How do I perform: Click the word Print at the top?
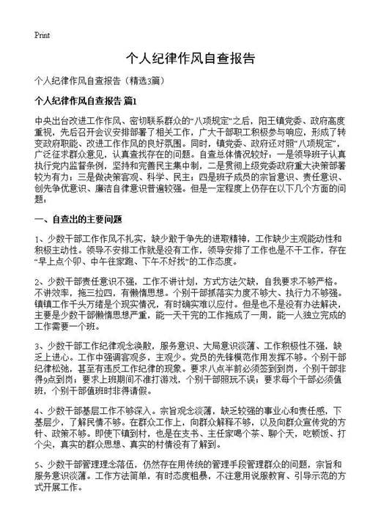(x=41, y=34)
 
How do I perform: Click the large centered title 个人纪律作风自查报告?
(x=190, y=58)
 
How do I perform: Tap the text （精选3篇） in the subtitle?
(x=150, y=80)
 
